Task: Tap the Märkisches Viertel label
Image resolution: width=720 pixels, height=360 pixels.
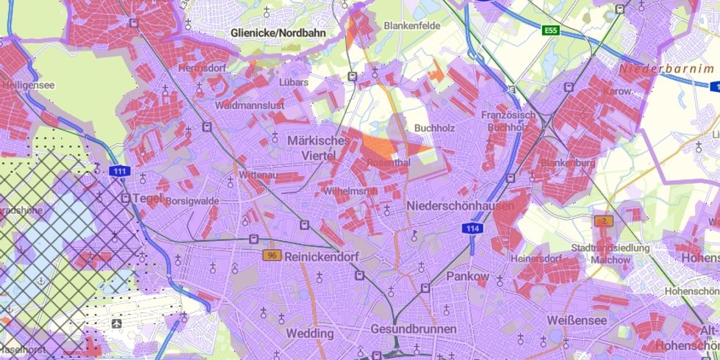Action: click(x=318, y=148)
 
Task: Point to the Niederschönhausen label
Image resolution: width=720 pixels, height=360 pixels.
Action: click(x=459, y=206)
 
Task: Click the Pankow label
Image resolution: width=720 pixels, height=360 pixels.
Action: click(x=467, y=276)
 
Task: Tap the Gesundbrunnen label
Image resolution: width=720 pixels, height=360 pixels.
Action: click(x=413, y=328)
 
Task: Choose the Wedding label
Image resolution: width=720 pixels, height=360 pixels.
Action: click(x=309, y=333)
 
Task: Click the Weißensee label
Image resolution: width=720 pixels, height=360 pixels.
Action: click(x=577, y=321)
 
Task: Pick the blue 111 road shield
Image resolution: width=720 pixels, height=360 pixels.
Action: click(x=120, y=171)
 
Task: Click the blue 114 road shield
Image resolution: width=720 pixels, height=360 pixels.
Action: click(x=472, y=230)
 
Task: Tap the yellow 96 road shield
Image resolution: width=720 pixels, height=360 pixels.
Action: click(x=273, y=255)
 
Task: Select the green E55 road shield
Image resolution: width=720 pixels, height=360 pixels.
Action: click(x=550, y=30)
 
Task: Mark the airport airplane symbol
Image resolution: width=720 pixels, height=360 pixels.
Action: click(x=117, y=323)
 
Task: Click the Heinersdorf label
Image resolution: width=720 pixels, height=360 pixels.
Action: click(x=536, y=259)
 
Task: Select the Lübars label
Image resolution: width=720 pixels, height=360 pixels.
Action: click(x=294, y=82)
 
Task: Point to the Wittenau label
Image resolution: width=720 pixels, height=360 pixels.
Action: click(x=257, y=176)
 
